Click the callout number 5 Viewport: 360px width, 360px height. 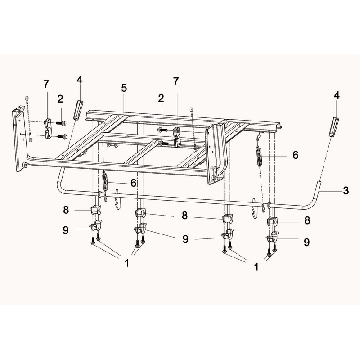[124, 88]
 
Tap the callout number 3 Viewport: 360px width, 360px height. [346, 190]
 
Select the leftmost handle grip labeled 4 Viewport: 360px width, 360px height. [77, 110]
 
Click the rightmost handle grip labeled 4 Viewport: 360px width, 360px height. [334, 127]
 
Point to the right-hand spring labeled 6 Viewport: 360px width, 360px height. [260, 155]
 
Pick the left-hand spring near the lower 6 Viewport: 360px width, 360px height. [105, 181]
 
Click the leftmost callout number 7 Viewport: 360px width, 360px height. [46, 84]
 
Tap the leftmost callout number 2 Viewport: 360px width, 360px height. [60, 99]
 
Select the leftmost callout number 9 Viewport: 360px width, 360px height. [66, 230]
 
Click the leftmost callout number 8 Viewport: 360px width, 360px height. [66, 210]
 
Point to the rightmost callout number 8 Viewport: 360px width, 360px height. [307, 220]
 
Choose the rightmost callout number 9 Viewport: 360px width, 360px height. [307, 242]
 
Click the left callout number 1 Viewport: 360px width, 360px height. [127, 263]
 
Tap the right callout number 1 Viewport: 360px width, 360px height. [256, 267]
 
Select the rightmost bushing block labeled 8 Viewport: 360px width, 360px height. [272, 221]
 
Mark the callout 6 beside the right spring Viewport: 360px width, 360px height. [296, 155]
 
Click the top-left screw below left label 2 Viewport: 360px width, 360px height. [61, 123]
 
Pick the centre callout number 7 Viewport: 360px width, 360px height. [175, 81]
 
